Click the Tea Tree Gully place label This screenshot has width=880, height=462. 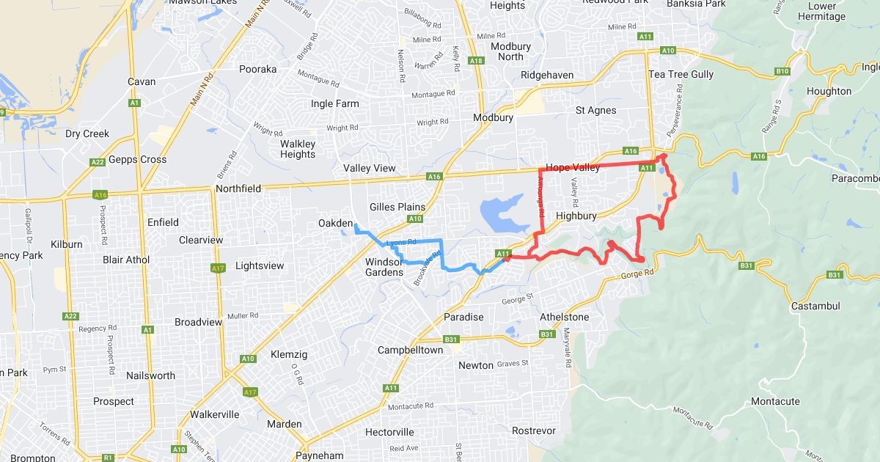pos(681,74)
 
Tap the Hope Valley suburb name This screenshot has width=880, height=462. pos(573,167)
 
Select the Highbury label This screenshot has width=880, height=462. pos(578,216)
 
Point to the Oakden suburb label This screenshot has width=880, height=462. pos(335,223)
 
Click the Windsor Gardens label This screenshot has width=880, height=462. pos(384,267)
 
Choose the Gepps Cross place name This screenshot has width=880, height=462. pos(137,159)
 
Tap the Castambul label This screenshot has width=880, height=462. pos(815,305)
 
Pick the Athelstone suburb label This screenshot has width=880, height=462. pos(564,317)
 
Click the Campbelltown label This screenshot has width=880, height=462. pos(410,350)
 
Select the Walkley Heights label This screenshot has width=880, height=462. pos(298,149)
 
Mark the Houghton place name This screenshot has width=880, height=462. pos(829,91)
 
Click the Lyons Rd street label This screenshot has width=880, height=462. pos(401,242)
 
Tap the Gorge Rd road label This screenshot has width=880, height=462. pos(635,273)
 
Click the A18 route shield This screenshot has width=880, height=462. pos(476,61)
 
